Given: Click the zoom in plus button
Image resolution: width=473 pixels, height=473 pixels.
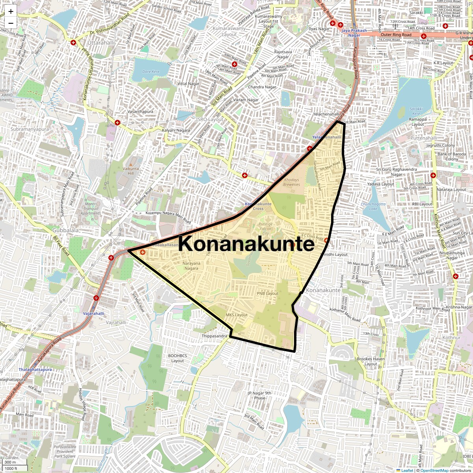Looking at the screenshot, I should [11, 12].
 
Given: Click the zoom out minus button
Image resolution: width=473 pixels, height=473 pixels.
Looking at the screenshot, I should [11, 23].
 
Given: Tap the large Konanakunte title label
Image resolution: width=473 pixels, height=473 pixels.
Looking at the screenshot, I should [247, 244].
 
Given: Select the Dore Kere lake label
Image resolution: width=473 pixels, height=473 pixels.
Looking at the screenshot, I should [151, 72].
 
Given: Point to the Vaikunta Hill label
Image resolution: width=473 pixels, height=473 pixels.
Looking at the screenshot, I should [131, 171].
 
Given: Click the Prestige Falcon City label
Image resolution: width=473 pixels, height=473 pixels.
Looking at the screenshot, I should [265, 229].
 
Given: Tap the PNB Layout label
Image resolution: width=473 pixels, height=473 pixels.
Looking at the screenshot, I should [268, 294].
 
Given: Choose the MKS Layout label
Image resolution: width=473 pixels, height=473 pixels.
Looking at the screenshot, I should [236, 315].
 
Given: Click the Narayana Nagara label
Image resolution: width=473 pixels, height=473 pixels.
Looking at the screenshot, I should [192, 266].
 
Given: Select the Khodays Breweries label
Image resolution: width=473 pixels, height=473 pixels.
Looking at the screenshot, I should [292, 182].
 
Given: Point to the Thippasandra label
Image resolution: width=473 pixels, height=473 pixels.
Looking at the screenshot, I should [215, 336].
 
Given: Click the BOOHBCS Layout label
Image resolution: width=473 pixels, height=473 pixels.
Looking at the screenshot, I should [177, 358].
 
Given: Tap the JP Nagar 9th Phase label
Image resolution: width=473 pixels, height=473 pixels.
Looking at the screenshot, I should [259, 395].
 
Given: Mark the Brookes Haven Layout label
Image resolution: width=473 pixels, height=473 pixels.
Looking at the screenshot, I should [371, 361].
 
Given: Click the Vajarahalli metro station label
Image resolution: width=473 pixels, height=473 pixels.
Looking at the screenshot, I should [93, 313].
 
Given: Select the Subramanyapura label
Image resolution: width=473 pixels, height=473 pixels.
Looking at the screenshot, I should [30, 129].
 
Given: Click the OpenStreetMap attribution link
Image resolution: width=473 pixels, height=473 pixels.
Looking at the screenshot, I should [434, 470].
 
